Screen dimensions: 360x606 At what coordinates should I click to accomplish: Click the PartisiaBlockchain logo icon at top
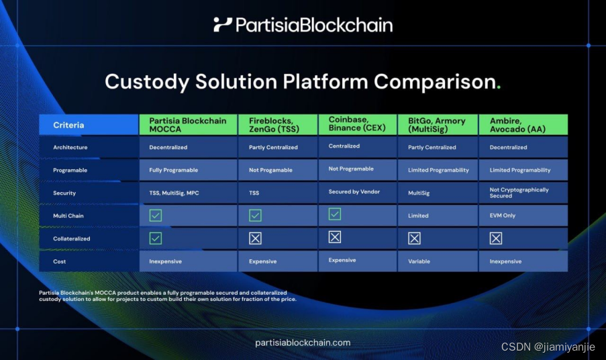pos(222,25)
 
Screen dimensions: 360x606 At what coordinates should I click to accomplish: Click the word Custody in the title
pos(146,82)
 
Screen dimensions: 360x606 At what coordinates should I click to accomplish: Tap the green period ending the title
pos(498,88)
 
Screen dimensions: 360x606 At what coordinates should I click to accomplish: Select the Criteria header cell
pos(89,125)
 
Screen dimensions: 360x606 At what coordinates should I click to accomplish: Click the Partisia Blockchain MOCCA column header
pos(188,125)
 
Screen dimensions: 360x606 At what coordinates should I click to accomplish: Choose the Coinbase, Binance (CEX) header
pos(356,124)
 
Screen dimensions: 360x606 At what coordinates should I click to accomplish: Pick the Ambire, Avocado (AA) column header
pos(523,125)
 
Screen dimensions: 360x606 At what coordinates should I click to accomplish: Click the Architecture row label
pos(70,147)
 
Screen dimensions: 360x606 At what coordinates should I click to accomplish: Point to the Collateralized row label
pos(72,238)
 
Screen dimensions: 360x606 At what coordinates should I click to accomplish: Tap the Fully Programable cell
pos(174,170)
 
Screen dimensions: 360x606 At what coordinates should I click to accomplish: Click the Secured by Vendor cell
pos(354,191)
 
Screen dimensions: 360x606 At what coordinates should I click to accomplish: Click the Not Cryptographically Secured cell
pos(519,193)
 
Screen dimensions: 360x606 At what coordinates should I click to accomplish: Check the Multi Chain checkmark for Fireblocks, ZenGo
pos(255,216)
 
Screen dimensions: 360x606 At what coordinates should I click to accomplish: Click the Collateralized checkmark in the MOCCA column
pos(156,238)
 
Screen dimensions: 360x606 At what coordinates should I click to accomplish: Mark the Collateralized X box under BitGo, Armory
pos(414,238)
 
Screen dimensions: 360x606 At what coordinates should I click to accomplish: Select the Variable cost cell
pos(419,261)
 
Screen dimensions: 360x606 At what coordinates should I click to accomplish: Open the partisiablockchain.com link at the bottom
pos(303,343)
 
